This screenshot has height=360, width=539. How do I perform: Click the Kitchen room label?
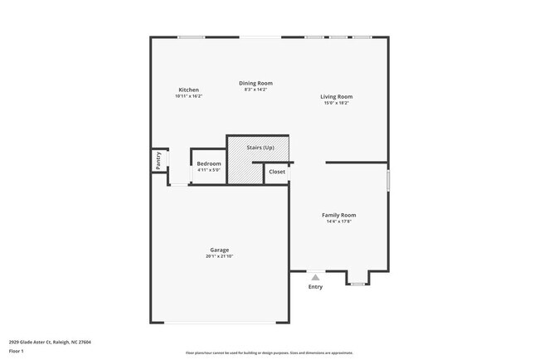[x=188, y=90]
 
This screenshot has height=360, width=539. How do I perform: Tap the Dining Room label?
[x=255, y=83]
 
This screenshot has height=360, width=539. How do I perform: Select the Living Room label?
[x=337, y=96]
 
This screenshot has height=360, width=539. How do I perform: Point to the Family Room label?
[x=338, y=215]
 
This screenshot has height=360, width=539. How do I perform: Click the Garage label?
[x=219, y=250]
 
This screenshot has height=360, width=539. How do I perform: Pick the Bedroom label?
[x=209, y=163]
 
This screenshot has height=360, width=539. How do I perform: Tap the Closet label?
[x=277, y=172]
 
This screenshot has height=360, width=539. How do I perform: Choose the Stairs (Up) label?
[x=260, y=147]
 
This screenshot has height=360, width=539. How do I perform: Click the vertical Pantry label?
[x=158, y=160]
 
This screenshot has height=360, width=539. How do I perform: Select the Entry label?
[x=315, y=287]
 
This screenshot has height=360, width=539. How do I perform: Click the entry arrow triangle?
[x=315, y=278]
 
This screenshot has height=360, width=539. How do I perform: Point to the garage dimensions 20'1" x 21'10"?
[x=219, y=256]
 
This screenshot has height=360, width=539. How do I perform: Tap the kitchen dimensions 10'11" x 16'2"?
[x=188, y=96]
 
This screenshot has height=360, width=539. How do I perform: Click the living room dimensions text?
[x=337, y=103]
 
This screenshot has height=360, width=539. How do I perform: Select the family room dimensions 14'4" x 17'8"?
[x=338, y=221]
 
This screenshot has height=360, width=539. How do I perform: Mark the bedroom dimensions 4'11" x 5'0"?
[x=209, y=170]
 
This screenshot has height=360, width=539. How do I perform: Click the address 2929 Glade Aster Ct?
[x=50, y=341]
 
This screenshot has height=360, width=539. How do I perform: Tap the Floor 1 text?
[x=17, y=351]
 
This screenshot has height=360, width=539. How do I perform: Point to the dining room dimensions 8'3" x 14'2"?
[x=255, y=90]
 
